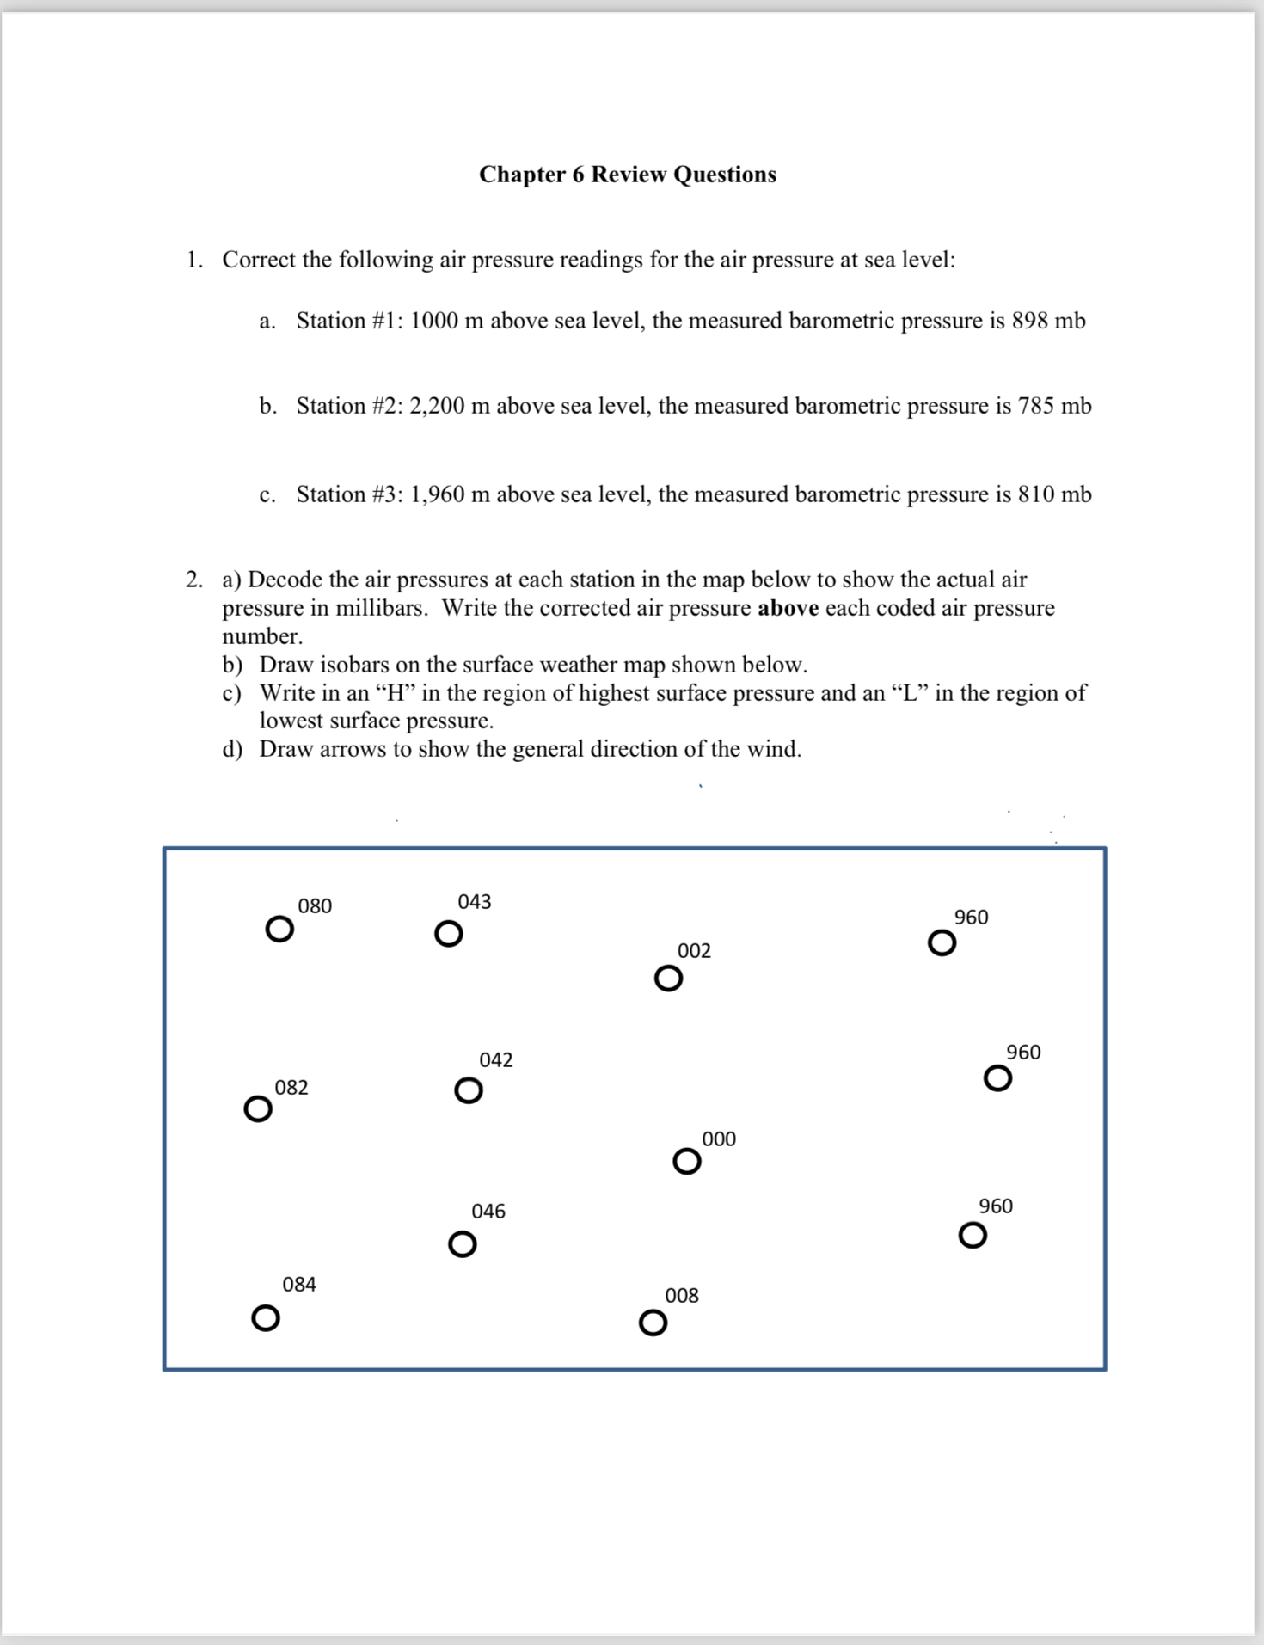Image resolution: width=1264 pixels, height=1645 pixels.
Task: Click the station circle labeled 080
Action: [279, 930]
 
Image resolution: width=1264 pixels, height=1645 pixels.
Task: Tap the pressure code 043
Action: [475, 902]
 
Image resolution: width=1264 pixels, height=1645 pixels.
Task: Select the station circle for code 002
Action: [668, 979]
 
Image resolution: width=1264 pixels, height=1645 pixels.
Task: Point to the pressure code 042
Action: [496, 1060]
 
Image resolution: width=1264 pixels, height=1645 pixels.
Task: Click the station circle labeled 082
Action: [258, 1109]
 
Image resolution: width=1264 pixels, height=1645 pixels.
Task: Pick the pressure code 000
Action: [719, 1139]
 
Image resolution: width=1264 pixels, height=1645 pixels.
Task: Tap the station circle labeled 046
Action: [463, 1244]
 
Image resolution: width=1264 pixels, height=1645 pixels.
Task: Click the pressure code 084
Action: [299, 1285]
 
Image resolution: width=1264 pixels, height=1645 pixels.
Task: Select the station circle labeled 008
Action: [653, 1323]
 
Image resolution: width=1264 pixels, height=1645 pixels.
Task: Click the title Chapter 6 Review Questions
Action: [628, 175]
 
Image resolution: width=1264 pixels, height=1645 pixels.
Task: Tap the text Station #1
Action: [347, 321]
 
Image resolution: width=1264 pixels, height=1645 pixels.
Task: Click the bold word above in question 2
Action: [788, 608]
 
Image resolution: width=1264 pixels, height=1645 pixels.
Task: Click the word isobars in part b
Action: [354, 665]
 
